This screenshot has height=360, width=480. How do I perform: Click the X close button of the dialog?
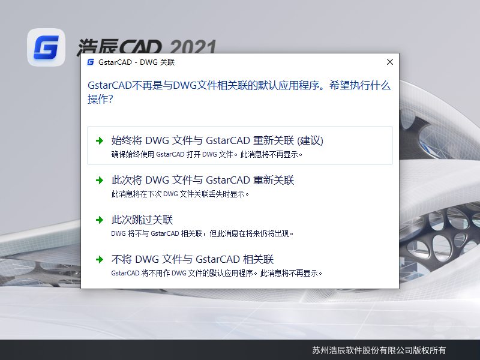click(x=389, y=62)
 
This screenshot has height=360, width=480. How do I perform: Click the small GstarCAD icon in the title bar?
click(x=91, y=62)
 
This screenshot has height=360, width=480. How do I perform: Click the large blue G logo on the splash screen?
click(x=46, y=47)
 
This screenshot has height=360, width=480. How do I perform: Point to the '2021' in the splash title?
click(x=193, y=47)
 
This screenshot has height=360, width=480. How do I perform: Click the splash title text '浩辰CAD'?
click(x=120, y=47)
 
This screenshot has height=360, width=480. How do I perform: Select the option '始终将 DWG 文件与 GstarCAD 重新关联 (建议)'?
click(x=217, y=140)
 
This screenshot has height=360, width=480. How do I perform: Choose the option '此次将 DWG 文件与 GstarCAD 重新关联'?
click(x=203, y=180)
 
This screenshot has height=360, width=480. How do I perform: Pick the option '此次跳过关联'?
click(x=142, y=220)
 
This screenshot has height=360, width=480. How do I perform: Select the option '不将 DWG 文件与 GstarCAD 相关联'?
click(x=193, y=259)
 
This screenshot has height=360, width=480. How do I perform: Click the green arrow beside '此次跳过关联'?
click(x=99, y=220)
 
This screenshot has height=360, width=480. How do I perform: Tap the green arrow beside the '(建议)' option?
click(x=99, y=141)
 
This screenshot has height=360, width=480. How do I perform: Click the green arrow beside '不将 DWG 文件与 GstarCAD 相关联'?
click(x=99, y=260)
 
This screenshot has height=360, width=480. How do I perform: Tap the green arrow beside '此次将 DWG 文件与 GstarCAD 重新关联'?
click(x=99, y=181)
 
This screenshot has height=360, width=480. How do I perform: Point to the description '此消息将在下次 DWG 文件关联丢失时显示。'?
click(x=180, y=194)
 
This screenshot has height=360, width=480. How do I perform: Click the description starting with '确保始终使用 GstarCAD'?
click(x=207, y=154)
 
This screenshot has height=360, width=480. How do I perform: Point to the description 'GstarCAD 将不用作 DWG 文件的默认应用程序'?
click(x=217, y=273)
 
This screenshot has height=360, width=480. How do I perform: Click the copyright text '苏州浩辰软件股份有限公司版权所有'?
click(x=379, y=350)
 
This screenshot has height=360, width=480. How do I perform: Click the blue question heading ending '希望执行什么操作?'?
click(x=239, y=92)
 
